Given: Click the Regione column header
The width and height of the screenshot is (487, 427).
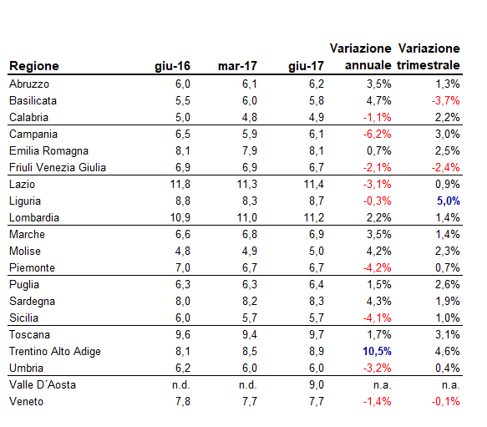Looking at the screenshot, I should click(33, 66).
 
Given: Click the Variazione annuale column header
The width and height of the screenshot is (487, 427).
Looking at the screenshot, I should click(361, 57).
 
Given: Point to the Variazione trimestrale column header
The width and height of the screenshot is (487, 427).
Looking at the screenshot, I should click(429, 57).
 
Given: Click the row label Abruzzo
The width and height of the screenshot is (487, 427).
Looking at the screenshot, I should click(29, 84).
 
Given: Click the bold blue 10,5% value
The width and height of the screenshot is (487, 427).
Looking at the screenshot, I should click(376, 352).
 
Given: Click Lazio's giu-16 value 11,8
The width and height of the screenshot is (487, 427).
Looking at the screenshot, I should click(180, 185).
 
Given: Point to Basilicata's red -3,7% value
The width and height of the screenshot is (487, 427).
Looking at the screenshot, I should click(446, 101).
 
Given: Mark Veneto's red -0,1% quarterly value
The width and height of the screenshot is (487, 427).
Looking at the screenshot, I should click(446, 402).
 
